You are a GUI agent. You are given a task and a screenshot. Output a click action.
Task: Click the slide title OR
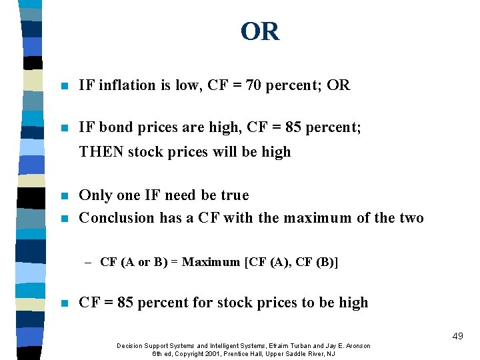[260, 31]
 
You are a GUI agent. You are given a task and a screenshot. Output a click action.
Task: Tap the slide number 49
[457, 337]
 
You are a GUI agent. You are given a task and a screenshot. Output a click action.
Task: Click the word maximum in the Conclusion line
[319, 218]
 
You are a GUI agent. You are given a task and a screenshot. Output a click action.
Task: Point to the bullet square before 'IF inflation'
[63, 86]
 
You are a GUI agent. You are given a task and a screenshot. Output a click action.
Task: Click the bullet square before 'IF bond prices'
[63, 127]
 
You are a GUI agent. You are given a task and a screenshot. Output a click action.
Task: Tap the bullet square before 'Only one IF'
[63, 196]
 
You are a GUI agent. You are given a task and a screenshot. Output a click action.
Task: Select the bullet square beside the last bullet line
[63, 303]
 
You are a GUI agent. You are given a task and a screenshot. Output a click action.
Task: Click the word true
[234, 195]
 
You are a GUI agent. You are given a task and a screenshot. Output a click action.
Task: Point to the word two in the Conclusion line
[411, 218]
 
